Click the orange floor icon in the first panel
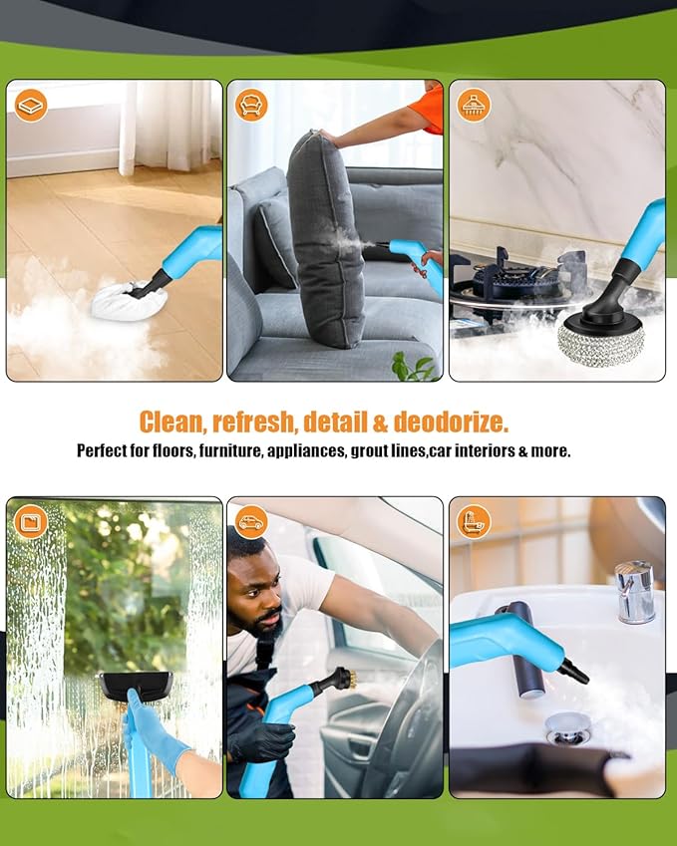[31, 105]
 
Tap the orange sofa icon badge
[251, 105]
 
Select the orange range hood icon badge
[474, 105]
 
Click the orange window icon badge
[31, 521]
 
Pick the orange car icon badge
[251, 521]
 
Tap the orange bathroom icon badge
[474, 521]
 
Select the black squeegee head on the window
[135, 686]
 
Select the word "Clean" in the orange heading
[170, 422]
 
